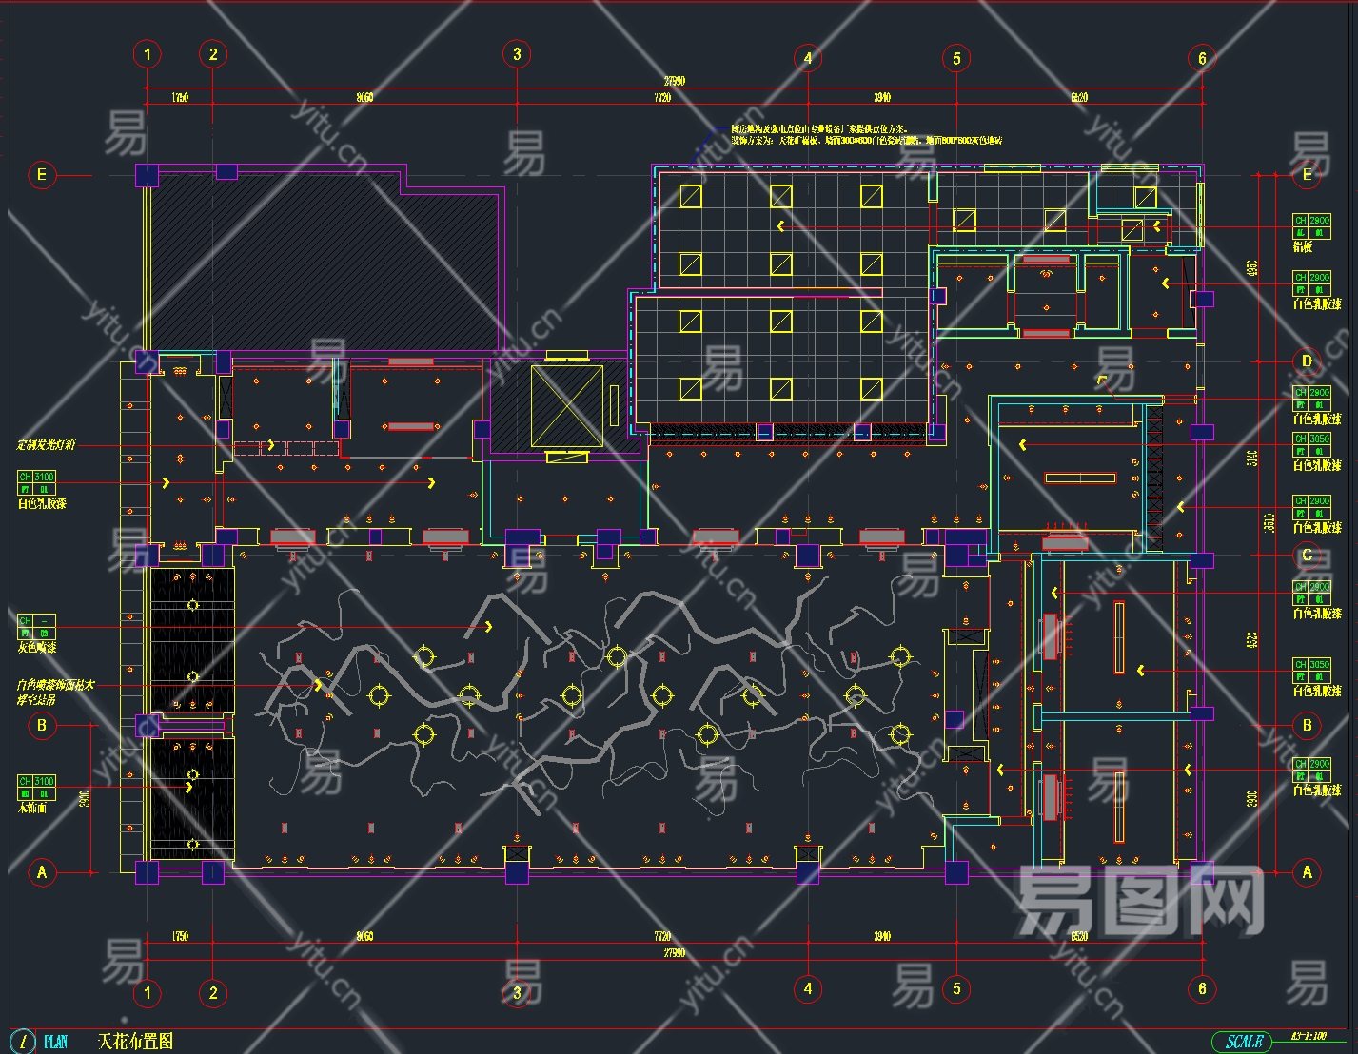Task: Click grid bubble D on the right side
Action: (x=1307, y=361)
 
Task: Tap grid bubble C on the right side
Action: (x=1307, y=556)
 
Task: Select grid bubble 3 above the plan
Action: (x=517, y=54)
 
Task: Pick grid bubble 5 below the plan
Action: (x=956, y=988)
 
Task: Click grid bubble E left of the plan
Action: (x=42, y=174)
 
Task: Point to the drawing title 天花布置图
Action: (x=135, y=1042)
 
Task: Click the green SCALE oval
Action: (x=1242, y=1043)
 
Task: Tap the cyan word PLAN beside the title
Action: (x=56, y=1042)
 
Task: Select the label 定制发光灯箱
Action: (x=46, y=444)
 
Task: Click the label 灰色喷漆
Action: (x=37, y=648)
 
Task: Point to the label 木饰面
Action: (x=32, y=808)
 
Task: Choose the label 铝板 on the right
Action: (x=1303, y=247)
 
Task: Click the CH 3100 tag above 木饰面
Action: (x=37, y=782)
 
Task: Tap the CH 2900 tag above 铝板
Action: (x=1311, y=221)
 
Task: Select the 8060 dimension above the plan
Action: (x=364, y=97)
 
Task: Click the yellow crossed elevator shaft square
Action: (x=567, y=405)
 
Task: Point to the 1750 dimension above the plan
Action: (x=180, y=97)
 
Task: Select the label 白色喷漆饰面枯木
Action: (x=55, y=685)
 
